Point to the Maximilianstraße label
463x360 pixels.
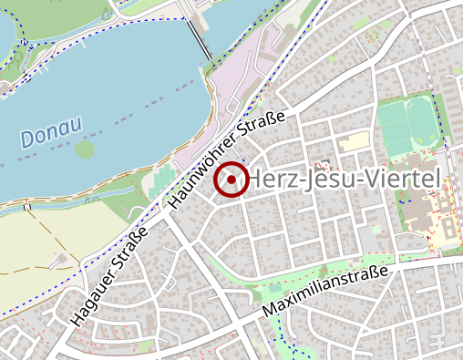point(325,292)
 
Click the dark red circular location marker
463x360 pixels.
point(231,180)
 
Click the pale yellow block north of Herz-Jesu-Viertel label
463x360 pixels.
point(355,142)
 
